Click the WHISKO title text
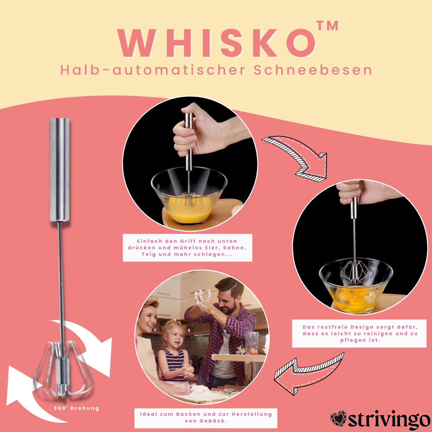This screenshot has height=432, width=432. point(217,43)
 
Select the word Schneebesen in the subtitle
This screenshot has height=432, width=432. point(313,71)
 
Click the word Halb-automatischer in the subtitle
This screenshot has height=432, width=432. point(153,71)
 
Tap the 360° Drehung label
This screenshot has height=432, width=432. point(76,408)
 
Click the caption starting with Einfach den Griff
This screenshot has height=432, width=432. point(187,248)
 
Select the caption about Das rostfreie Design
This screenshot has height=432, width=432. point(360,334)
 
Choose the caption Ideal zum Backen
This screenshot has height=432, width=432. point(206,418)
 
